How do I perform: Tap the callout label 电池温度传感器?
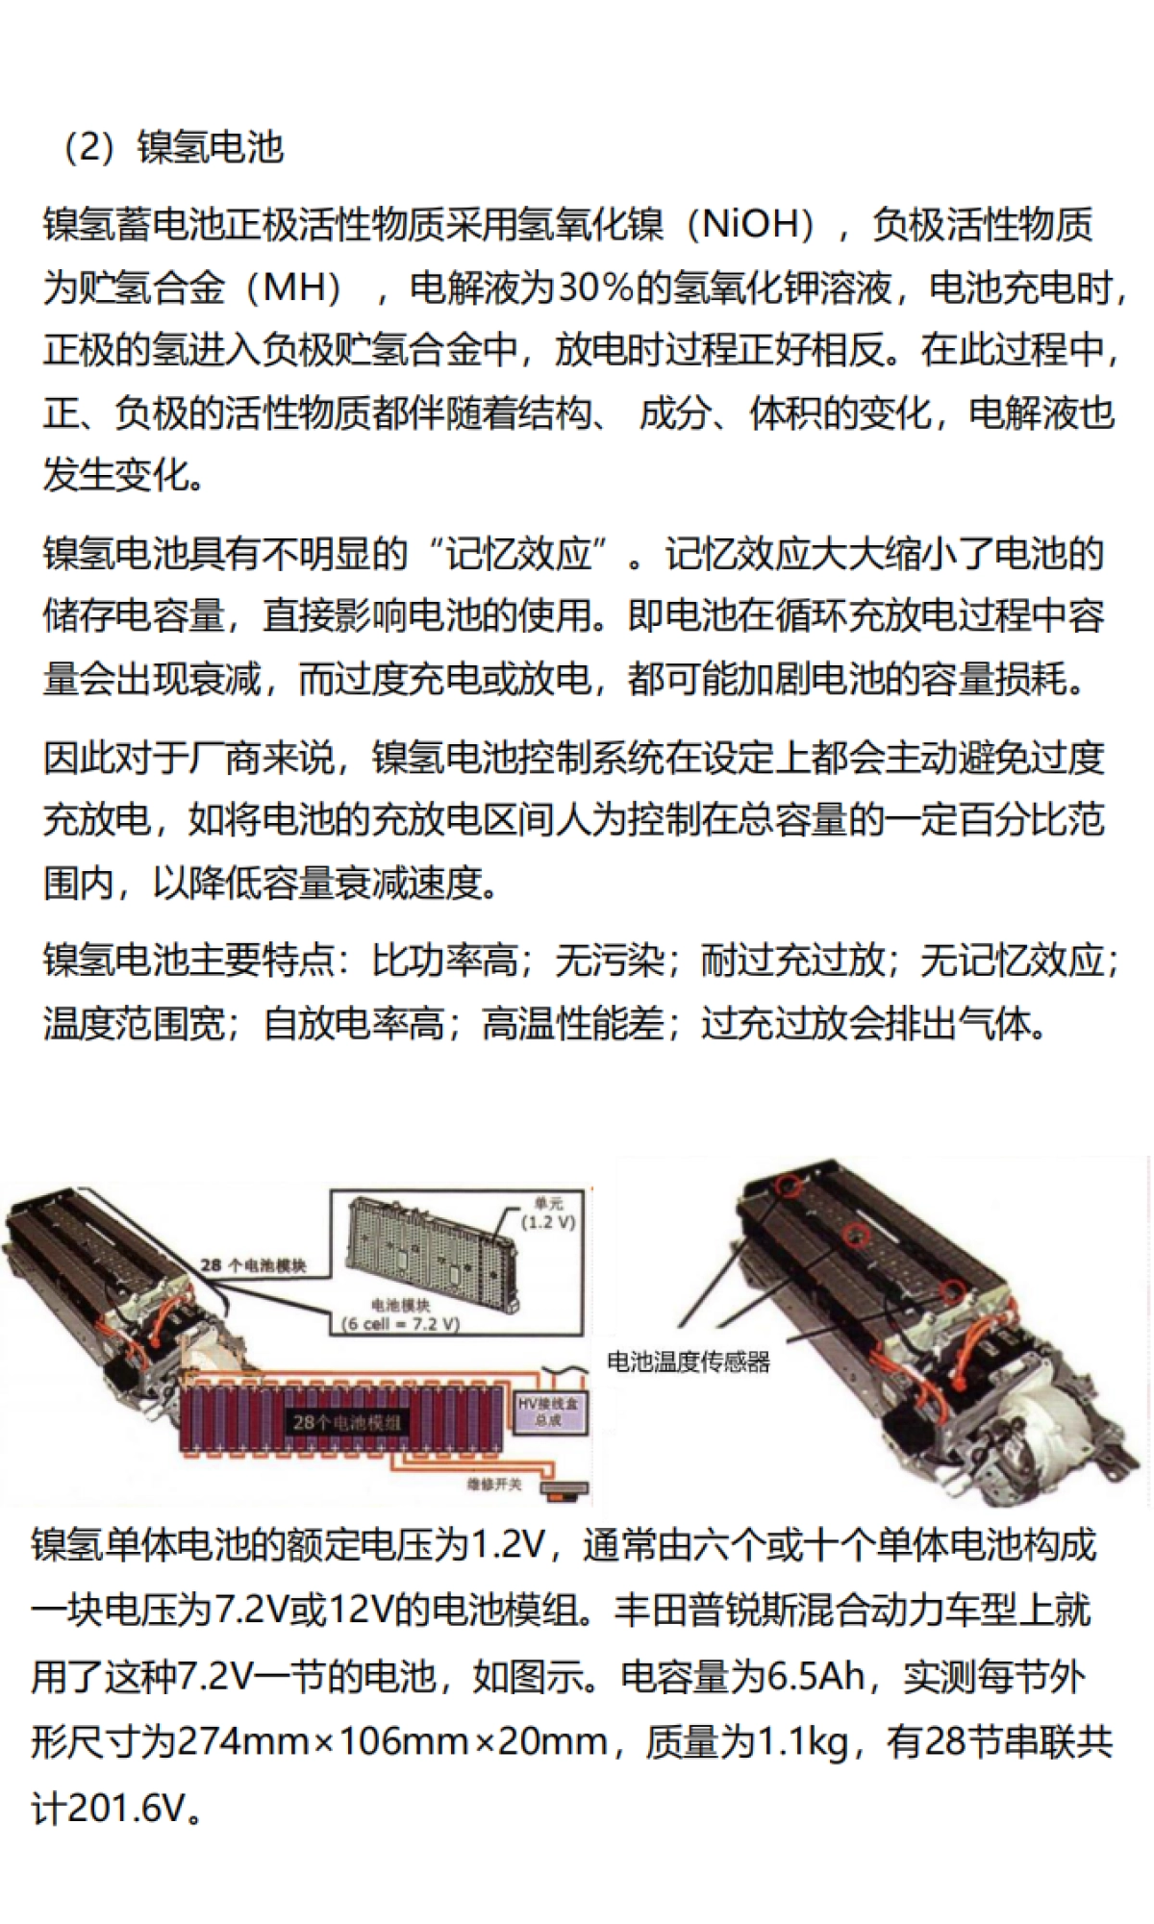689,1362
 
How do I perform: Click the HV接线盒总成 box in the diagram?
548,1412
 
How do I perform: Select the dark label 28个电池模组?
346,1421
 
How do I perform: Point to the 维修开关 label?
494,1485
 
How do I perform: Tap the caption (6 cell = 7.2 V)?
401,1324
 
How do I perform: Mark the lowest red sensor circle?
952,1291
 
